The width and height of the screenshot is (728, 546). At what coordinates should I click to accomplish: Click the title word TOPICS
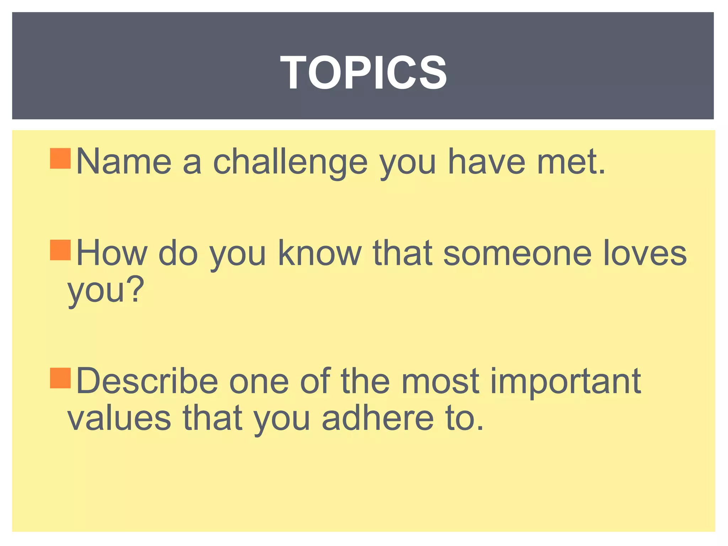[363, 73]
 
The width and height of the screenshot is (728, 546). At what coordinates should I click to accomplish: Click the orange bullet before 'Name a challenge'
[60, 159]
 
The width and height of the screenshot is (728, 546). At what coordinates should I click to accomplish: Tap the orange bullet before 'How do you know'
[60, 250]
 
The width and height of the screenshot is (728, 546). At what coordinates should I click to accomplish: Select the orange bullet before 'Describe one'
[60, 378]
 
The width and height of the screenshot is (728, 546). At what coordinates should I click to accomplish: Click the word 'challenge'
[290, 162]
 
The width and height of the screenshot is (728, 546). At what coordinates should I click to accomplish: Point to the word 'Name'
[124, 162]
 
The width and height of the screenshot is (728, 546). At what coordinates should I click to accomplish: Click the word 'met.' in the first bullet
[571, 162]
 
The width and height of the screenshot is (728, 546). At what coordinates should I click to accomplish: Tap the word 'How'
[112, 253]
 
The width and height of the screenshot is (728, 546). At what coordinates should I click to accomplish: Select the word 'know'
[319, 253]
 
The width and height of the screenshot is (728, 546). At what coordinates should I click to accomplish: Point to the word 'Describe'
[147, 381]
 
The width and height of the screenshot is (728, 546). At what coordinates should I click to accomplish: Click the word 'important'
[566, 382]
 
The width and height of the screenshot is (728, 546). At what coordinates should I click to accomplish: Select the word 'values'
[119, 418]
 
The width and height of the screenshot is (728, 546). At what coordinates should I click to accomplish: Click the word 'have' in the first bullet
[486, 162]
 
